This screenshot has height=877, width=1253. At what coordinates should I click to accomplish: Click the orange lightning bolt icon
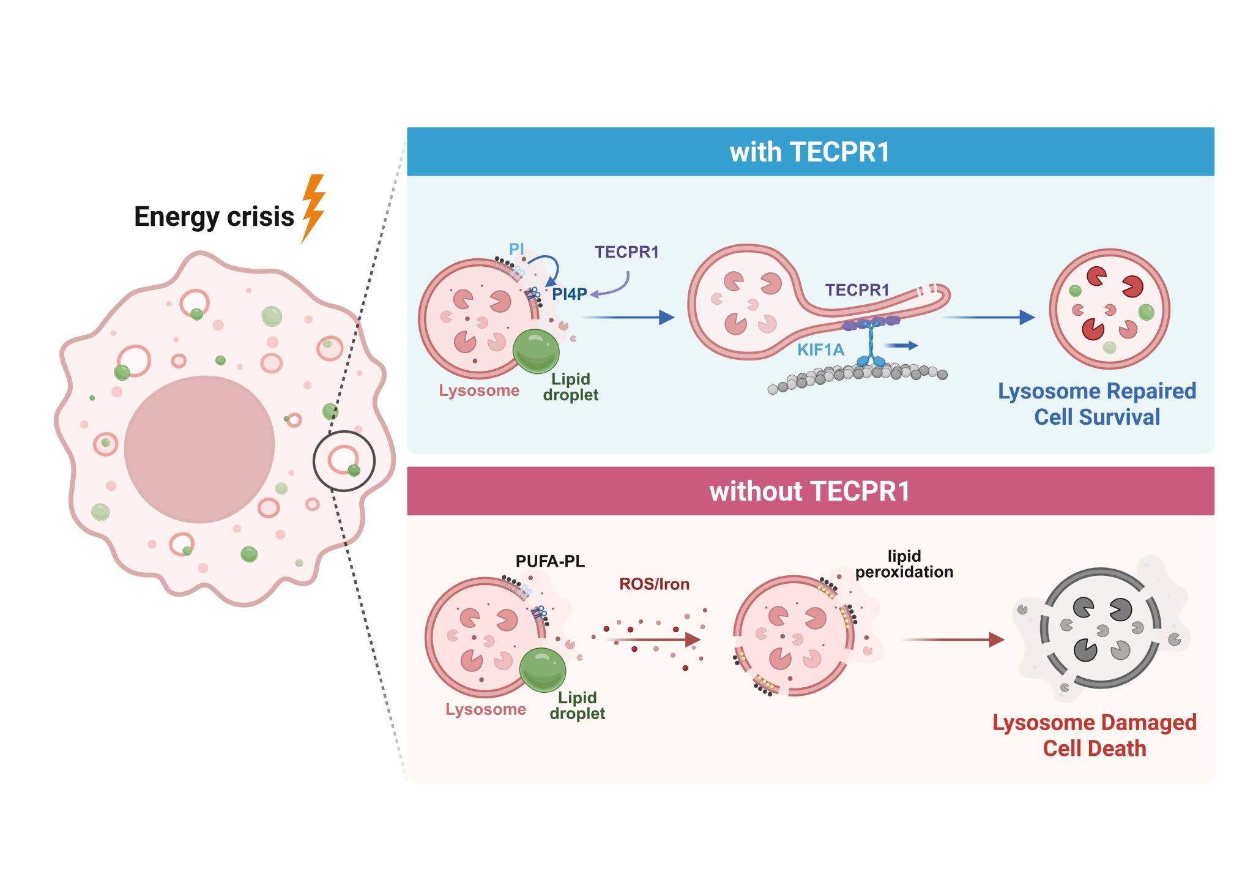click(313, 208)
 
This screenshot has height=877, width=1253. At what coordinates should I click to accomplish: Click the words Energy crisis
click(214, 217)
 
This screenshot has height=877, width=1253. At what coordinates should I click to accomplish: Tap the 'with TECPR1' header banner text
click(809, 152)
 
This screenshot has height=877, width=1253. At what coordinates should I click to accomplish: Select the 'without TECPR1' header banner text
click(809, 491)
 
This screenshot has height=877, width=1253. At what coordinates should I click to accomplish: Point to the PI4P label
click(569, 294)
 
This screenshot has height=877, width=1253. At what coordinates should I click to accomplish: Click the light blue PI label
click(516, 249)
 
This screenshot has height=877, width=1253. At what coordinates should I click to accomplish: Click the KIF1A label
click(820, 350)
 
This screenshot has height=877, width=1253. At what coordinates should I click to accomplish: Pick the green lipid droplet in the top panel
click(536, 351)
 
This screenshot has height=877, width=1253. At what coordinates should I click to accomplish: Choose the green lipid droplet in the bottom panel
click(543, 670)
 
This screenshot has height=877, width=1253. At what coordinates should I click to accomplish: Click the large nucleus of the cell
click(199, 449)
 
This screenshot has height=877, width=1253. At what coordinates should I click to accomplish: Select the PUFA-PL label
click(550, 561)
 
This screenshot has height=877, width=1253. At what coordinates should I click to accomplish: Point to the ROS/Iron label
click(654, 584)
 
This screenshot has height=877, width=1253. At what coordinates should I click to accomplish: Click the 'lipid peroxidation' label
click(904, 564)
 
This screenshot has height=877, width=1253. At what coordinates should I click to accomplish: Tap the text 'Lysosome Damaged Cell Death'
click(1094, 736)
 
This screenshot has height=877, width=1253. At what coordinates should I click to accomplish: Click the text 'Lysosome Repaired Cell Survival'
click(1096, 404)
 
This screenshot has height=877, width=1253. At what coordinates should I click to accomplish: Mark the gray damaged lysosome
click(1100, 628)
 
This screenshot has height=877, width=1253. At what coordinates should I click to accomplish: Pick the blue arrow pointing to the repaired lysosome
click(988, 317)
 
